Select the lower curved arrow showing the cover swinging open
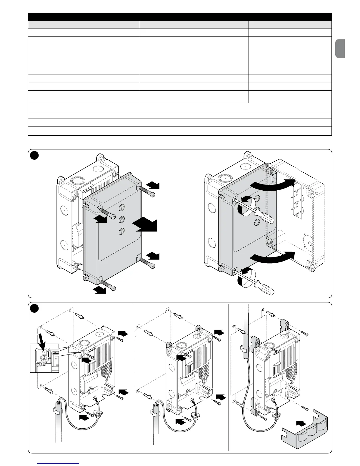(x=272, y=257)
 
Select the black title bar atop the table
(x=180, y=16)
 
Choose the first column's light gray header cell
(x=84, y=24)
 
